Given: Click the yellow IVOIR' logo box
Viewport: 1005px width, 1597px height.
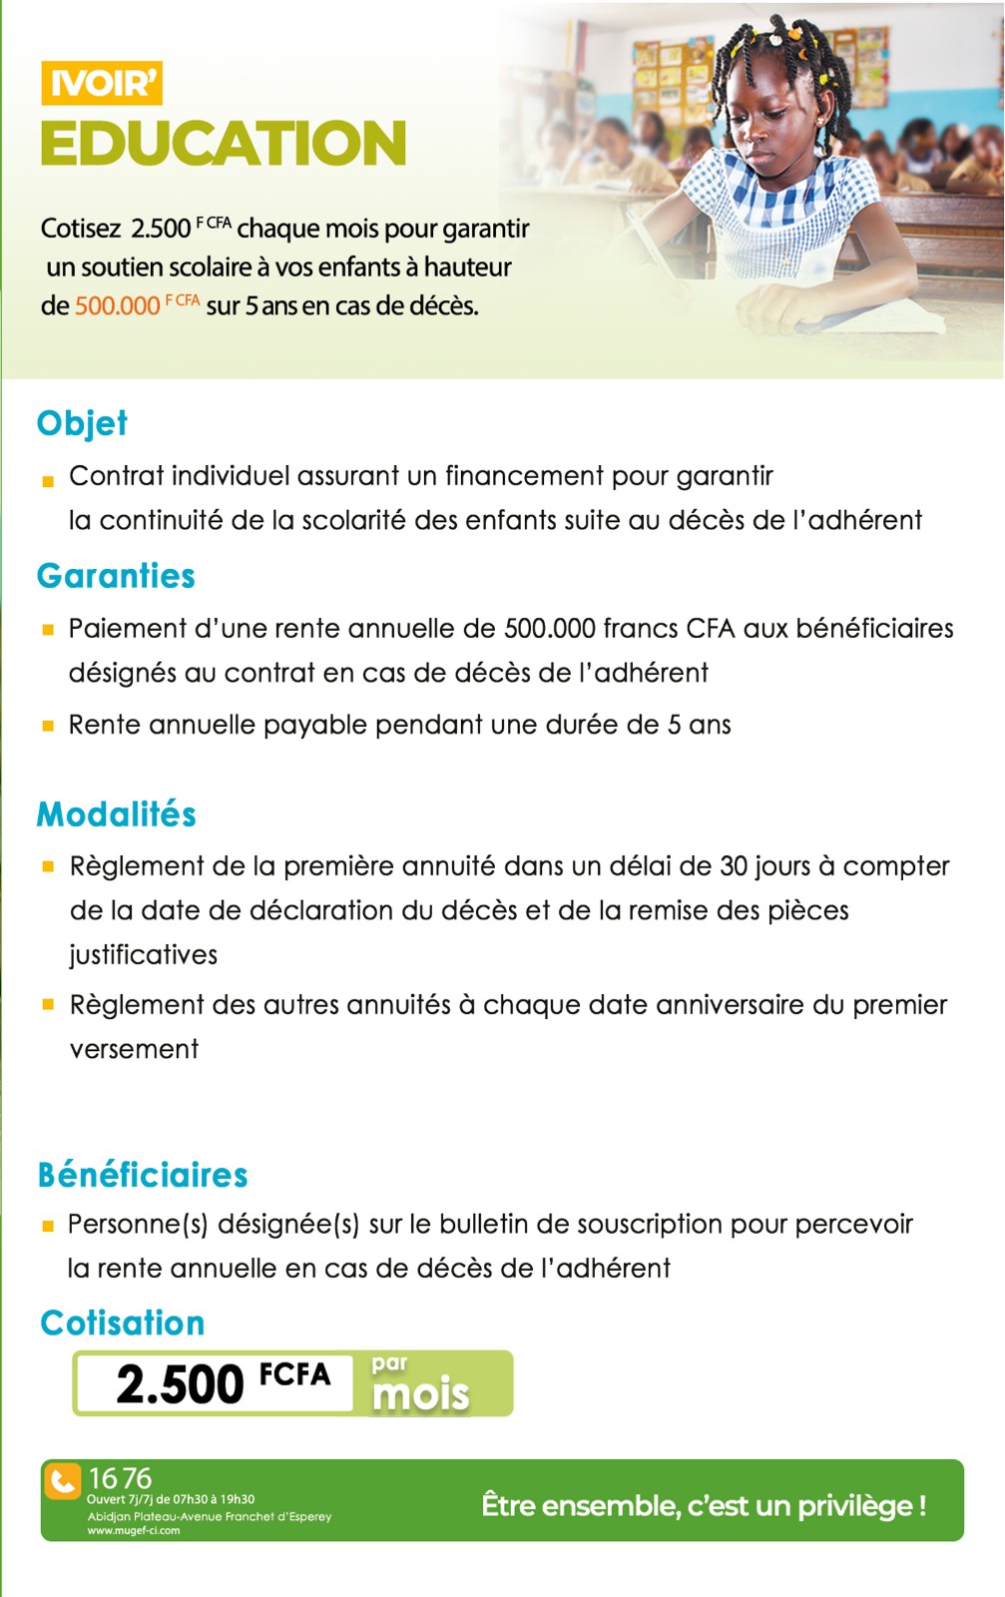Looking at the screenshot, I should point(102,84).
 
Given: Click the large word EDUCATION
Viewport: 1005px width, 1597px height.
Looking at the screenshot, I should point(224,144).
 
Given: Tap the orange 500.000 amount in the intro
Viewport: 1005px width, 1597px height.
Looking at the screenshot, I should point(117,305).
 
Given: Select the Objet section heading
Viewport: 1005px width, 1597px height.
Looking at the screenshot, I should point(82,423).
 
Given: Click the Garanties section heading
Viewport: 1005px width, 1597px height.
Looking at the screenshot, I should point(116,576).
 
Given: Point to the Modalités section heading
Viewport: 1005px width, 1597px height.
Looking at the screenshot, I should point(117,814).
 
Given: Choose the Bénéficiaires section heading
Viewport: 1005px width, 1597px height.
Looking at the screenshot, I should point(143,1175).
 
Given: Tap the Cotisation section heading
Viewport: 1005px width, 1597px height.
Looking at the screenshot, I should point(123,1324).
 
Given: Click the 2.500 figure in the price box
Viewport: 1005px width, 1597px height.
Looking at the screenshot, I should point(181,1384).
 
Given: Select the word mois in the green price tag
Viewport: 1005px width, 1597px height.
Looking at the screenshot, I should point(420,1394).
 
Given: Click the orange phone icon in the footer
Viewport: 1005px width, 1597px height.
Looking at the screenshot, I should point(63,1481).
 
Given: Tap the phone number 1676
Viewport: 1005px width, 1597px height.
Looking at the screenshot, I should point(120,1478).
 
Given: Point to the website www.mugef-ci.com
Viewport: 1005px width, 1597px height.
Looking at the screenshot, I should point(134,1530).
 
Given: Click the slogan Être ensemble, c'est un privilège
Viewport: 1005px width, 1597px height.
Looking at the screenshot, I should point(704,1505).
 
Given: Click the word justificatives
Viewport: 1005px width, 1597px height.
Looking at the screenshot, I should point(144,955).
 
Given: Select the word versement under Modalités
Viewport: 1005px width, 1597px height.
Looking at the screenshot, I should point(135,1049).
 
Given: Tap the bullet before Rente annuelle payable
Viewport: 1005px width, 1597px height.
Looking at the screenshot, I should point(48,727).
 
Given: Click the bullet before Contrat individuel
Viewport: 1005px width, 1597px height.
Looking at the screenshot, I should point(48,481).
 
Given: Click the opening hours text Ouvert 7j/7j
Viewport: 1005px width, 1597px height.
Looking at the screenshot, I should point(171,1499).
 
